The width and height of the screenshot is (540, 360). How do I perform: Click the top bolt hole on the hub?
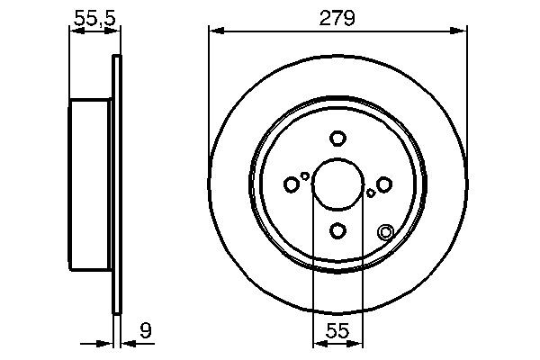point(337,139)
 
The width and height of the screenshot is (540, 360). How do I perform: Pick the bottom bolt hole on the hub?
point(337,231)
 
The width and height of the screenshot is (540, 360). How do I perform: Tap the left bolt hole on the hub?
point(291,184)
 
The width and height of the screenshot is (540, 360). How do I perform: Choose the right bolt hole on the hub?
point(383,184)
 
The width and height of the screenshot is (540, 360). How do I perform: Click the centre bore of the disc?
point(337,184)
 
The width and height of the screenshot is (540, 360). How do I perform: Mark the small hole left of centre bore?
point(305,176)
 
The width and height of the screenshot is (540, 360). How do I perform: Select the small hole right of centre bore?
point(370,193)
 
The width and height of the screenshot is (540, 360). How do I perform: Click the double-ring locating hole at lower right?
point(386,231)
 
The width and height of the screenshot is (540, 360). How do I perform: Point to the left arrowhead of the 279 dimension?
point(214,31)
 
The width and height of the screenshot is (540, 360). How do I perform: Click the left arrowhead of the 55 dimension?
point(317,343)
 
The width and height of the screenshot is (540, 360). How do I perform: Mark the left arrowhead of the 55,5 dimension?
point(75,31)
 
